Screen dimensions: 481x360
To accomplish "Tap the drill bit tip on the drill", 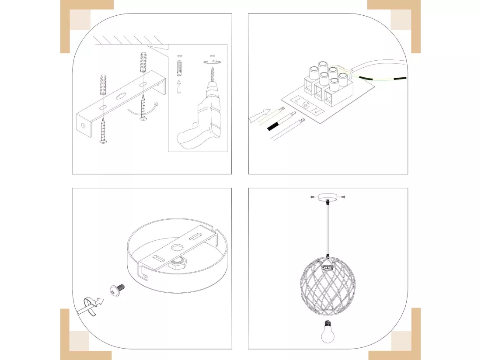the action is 212,68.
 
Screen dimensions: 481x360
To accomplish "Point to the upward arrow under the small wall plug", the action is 179,87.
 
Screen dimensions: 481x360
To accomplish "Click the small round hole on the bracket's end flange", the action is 83,125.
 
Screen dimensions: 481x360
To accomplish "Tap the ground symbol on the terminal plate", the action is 306,105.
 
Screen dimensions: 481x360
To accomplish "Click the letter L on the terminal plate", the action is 297,100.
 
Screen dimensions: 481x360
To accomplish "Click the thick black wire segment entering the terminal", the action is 273,126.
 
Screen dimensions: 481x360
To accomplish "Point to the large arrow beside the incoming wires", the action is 259,116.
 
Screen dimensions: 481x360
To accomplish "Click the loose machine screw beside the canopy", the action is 117,290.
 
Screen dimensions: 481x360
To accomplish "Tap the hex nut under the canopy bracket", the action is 176,263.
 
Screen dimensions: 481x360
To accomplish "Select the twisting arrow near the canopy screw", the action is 91,306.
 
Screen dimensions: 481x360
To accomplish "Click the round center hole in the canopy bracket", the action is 178,247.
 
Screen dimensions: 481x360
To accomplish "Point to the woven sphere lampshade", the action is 328,286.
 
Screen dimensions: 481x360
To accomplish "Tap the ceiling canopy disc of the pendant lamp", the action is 328,197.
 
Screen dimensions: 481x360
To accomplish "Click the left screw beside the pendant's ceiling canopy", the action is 314,197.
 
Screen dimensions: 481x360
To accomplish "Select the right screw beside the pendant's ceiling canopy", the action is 342,197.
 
